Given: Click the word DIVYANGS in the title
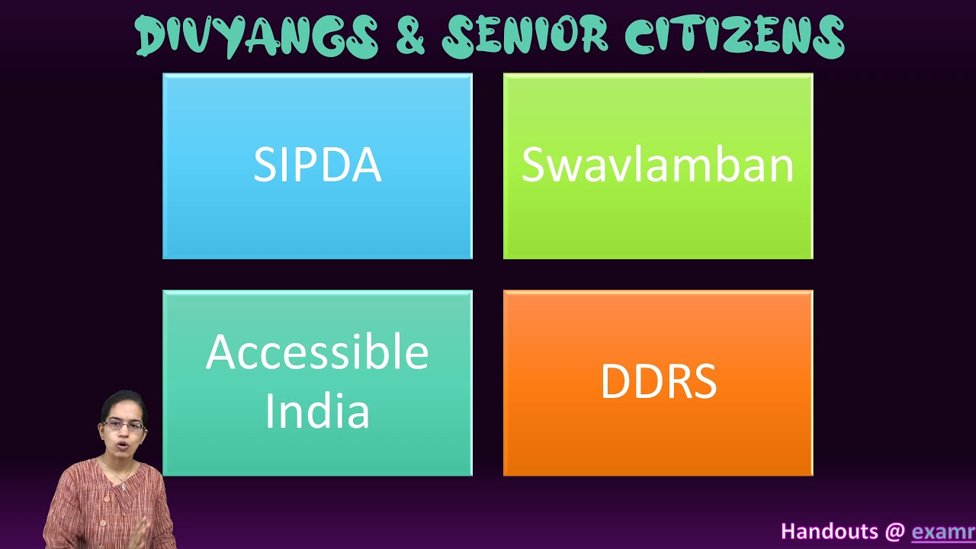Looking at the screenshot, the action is (x=256, y=37).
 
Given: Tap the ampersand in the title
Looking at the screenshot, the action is (x=410, y=37).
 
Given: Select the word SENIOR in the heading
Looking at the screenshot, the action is (x=525, y=36).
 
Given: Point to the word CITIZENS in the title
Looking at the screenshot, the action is (x=734, y=36).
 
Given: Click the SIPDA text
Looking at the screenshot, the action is (x=318, y=164).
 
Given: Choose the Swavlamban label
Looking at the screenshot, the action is (x=658, y=164).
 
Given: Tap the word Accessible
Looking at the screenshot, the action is (x=317, y=352).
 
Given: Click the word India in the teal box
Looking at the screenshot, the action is (x=317, y=410).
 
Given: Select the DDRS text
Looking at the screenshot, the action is (x=658, y=381).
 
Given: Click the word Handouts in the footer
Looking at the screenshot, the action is (x=829, y=531).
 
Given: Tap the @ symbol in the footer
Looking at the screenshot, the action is (x=894, y=532).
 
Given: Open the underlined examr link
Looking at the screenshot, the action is (x=944, y=532).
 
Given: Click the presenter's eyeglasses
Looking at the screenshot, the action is (x=124, y=425).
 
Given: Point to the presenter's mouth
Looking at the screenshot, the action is (x=124, y=446).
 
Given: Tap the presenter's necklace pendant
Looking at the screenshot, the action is (x=124, y=486).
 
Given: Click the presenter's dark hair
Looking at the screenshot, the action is (x=124, y=403).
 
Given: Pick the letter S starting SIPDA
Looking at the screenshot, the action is (x=264, y=164).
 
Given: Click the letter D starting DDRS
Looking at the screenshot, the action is (x=616, y=381).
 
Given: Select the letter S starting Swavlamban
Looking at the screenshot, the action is (x=532, y=164).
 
